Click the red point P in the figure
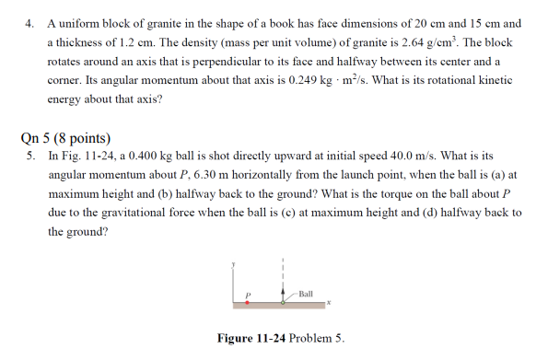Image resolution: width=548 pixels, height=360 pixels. point(247,302)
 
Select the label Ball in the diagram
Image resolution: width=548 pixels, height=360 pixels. point(306,293)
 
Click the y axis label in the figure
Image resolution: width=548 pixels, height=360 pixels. point(237,263)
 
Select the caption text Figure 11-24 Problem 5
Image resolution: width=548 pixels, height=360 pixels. point(280,339)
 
